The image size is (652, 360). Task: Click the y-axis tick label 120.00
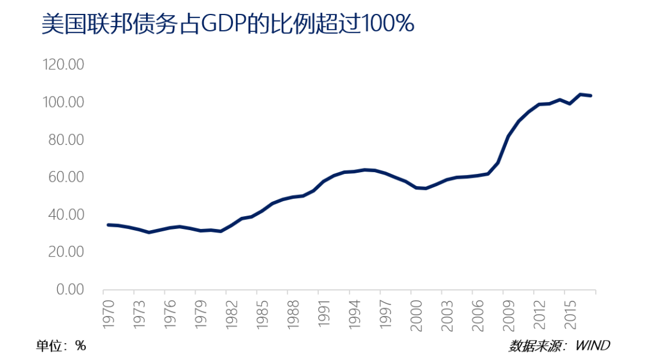63,65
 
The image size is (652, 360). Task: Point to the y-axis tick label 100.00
63,102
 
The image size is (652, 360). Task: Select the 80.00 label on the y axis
66,140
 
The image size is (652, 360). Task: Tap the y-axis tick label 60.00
66,177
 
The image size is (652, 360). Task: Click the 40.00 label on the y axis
66,214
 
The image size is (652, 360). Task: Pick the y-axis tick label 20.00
66,252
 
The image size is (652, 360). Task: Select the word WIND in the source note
592,346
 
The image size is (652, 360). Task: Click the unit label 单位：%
61,346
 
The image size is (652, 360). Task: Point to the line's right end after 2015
590,95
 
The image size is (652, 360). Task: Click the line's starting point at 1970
108,225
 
